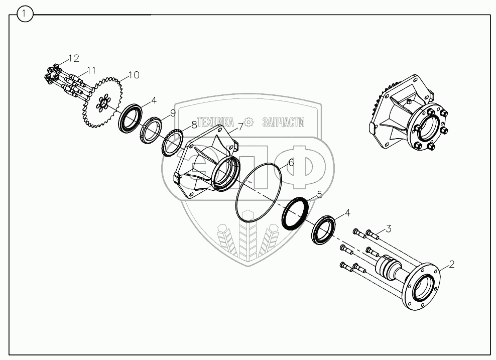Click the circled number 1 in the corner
click(x=25, y=14)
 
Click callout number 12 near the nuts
click(x=73, y=58)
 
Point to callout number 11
click(x=91, y=70)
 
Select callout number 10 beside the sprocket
click(x=134, y=75)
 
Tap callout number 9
click(x=173, y=113)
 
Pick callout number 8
click(x=194, y=125)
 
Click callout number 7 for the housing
click(x=240, y=127)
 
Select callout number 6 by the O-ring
click(x=291, y=163)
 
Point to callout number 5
click(x=319, y=194)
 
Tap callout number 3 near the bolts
click(x=388, y=228)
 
